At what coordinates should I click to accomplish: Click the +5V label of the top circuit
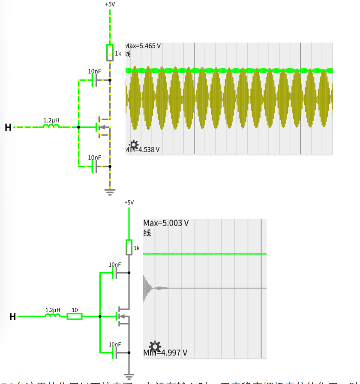[110, 4]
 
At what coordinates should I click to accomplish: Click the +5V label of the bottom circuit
[129, 202]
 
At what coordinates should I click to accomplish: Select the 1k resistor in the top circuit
[110, 52]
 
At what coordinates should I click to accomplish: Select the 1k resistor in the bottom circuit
[129, 247]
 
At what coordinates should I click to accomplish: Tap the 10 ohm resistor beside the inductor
[75, 316]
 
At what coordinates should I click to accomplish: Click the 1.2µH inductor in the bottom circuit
[53, 316]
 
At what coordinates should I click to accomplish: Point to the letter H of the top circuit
[8, 127]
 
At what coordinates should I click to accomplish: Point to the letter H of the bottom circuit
[13, 317]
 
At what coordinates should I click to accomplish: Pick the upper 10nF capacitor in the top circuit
[95, 80]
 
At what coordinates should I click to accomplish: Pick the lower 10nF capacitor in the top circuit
[95, 166]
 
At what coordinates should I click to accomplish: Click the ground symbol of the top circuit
[110, 192]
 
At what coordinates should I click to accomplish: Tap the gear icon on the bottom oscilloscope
[155, 346]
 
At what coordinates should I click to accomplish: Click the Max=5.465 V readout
[143, 46]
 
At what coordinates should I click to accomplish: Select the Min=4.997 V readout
[165, 353]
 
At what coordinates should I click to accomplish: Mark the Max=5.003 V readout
[166, 223]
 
